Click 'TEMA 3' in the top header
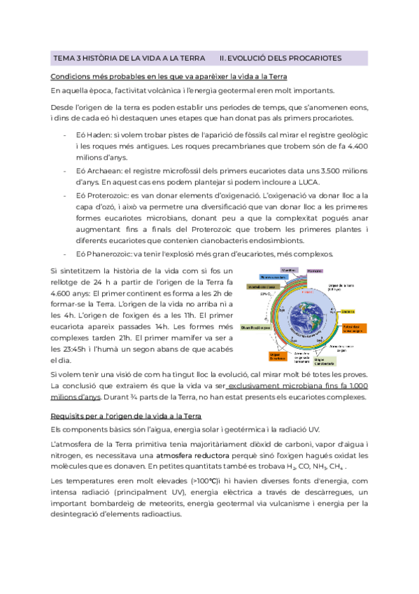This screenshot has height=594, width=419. [69, 58]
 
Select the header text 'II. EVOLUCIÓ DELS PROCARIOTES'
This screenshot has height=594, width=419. [280, 58]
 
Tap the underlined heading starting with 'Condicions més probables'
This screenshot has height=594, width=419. [167, 76]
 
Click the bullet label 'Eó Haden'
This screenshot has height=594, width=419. [92, 134]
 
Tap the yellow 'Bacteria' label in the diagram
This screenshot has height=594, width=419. [348, 311]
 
